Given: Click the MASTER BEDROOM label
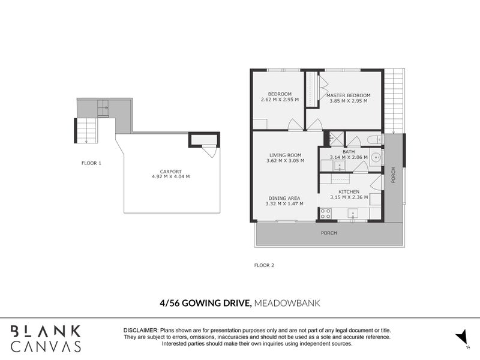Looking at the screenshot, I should point(348,95).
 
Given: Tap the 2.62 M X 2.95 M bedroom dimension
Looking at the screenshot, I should point(280,100).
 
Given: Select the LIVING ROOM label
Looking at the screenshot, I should point(285,154).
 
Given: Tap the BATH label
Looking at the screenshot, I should point(349,152).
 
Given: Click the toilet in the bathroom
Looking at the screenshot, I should point(373,140).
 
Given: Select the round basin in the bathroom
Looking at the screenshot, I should point(376,158).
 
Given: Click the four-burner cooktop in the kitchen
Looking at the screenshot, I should point(326,213).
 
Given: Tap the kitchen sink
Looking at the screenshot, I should point(353,212).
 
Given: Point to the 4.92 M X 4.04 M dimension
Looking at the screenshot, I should point(171,177).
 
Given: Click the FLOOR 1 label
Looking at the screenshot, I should point(92,163).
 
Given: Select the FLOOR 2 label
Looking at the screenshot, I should point(264,265).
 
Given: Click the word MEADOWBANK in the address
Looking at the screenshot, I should point(287,304).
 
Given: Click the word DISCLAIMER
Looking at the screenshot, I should point(140,331).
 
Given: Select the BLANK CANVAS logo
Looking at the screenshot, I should point(46,338).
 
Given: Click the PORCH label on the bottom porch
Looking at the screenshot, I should point(328,233).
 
